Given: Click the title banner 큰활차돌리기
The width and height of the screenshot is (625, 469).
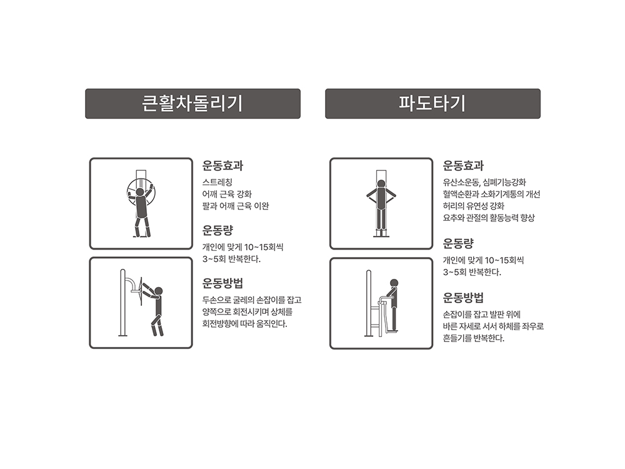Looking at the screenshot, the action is coord(192,104).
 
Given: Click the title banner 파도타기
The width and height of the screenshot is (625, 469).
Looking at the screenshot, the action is coord(432,104).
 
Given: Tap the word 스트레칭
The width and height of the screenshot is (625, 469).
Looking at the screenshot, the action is coord(217,182).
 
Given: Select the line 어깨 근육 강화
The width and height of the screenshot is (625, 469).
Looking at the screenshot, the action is coord(227,194).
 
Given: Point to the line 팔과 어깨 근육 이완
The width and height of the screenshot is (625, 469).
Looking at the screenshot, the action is coord(236,206).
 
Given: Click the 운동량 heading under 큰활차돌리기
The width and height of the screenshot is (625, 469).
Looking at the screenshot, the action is coord(217,230).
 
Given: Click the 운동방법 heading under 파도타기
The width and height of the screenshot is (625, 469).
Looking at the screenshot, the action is coord(463,298).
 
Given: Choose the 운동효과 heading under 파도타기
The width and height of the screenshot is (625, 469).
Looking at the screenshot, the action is coord(463,166).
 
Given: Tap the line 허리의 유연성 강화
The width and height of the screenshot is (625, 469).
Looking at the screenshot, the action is coord(474,206).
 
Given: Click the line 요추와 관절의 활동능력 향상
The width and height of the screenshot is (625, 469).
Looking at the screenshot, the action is coord(489,218).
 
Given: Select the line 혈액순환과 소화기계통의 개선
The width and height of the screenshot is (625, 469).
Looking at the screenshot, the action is coord(491,194).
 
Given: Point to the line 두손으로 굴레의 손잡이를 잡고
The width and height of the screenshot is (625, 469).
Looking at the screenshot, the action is coord(252,300).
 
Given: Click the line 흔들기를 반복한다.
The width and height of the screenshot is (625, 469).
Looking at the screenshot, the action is coord(474,338).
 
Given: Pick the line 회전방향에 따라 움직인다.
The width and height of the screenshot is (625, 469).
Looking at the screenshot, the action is coord(245,324).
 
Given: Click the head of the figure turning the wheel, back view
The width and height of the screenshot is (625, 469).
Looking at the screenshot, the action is coord(140,192).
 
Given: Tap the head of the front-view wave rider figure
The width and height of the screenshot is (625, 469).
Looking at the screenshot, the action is coord(381,184).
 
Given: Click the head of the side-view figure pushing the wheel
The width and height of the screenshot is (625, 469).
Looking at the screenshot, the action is coord(159,291).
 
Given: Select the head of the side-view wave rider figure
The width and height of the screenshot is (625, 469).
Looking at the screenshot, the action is coord(394,283).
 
